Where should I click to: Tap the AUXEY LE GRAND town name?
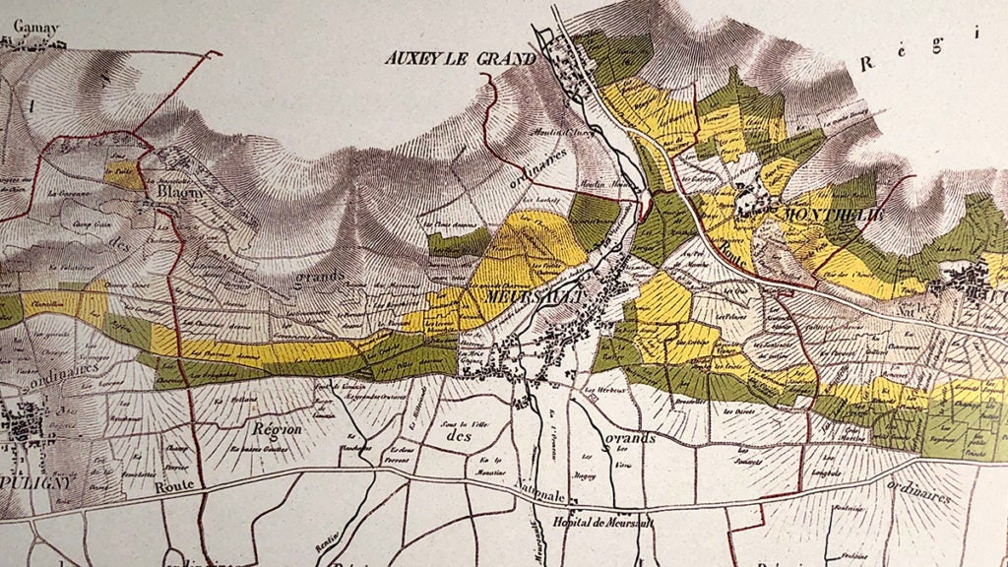(460, 59)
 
